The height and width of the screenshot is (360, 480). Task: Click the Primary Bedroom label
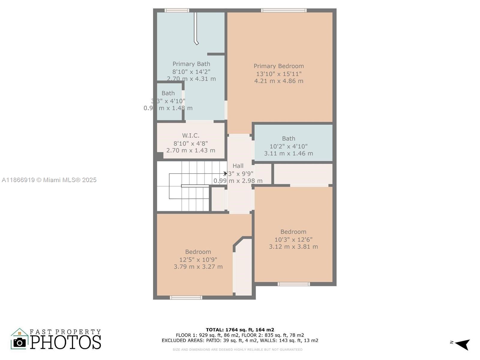click(x=279, y=66)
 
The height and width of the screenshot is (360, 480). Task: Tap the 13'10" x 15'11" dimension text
click(x=279, y=74)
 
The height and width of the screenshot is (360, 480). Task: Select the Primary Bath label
click(x=191, y=64)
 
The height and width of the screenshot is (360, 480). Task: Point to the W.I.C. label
click(x=190, y=136)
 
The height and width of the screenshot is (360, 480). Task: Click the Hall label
click(x=238, y=166)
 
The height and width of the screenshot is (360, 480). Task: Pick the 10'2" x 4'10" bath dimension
click(x=288, y=146)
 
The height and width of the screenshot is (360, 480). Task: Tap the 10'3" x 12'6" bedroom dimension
click(x=293, y=240)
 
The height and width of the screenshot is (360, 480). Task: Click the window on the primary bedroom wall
click(x=283, y=10)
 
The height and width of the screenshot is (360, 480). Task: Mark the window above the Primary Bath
click(x=177, y=10)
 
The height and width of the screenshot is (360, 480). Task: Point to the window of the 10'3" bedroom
click(x=293, y=284)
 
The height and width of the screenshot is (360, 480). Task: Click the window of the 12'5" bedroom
click(x=186, y=298)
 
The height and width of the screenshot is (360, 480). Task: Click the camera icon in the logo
click(x=20, y=342)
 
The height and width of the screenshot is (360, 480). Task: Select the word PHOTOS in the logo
click(x=65, y=342)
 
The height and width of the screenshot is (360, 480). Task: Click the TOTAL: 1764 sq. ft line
click(x=240, y=330)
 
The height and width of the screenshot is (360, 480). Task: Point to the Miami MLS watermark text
click(x=49, y=180)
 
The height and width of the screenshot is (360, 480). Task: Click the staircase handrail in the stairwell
click(x=195, y=186)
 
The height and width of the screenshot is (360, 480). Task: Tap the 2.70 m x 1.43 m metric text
click(x=190, y=151)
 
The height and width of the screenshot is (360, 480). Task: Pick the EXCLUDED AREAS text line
click(x=240, y=340)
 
